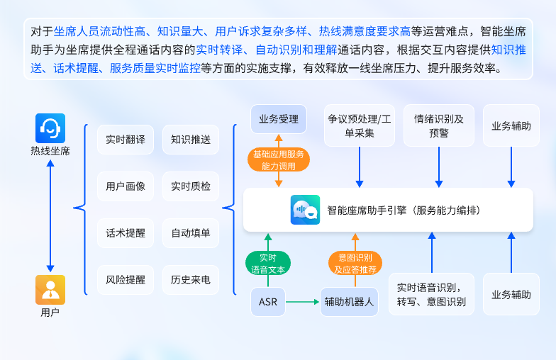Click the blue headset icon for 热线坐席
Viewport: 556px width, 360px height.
(50, 128)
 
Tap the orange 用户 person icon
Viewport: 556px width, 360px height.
(50, 289)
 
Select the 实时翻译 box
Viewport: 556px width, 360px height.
(126, 140)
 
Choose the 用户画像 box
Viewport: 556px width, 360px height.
(126, 186)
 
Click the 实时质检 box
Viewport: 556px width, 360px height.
(191, 186)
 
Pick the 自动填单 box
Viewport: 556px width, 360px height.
(191, 232)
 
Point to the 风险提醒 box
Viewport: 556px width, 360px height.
(126, 279)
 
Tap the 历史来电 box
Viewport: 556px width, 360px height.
(191, 279)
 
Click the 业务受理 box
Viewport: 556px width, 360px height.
(279, 119)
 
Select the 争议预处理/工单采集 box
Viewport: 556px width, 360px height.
(360, 125)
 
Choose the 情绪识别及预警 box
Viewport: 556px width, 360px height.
(439, 125)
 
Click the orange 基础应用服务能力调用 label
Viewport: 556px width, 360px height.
(279, 159)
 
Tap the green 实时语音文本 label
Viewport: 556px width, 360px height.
(268, 263)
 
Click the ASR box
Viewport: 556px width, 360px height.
(268, 302)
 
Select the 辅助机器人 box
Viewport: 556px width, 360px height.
(350, 302)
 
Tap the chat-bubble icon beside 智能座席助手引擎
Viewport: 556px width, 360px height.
(305, 210)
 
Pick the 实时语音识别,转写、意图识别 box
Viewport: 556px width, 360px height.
(431, 294)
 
